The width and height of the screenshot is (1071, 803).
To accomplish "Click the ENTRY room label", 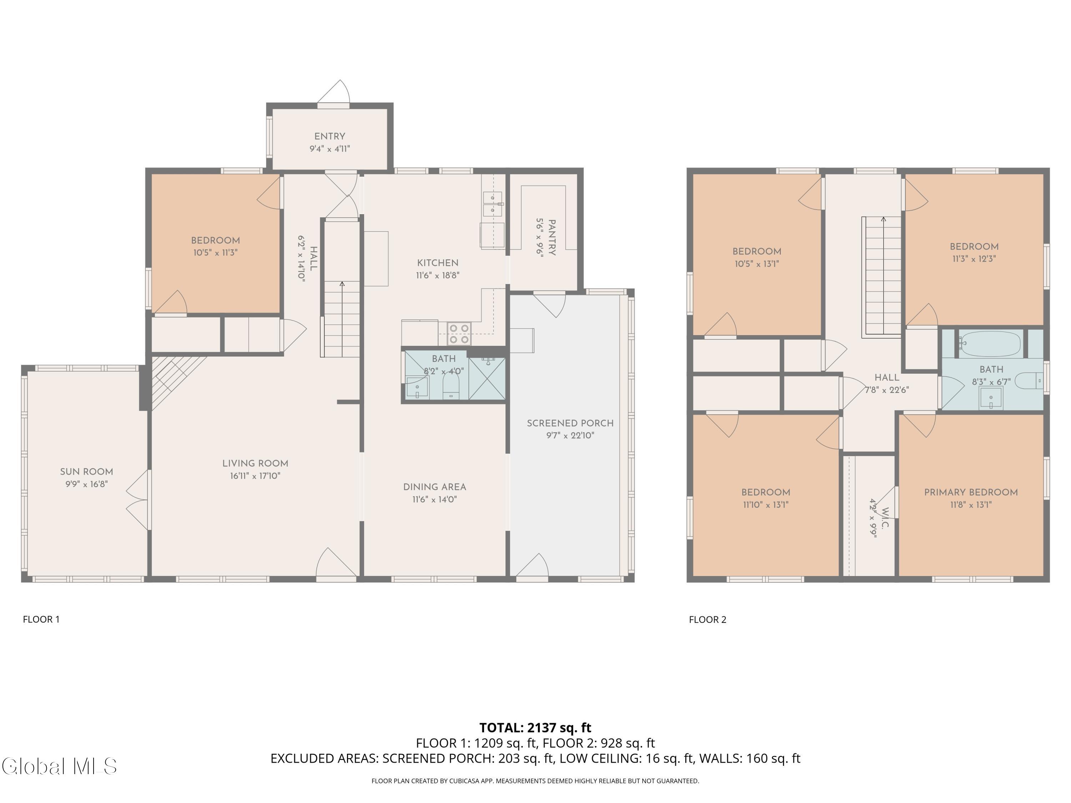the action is tap(330, 136).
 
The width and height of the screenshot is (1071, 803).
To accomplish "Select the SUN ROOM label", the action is tap(87, 471).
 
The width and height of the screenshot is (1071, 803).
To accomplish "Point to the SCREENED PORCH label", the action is tap(570, 423).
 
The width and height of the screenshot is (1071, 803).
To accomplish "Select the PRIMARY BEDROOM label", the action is tap(971, 492).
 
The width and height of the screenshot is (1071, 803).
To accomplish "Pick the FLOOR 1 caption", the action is tap(41, 619).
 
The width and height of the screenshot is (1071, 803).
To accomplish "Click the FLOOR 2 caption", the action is tap(707, 619).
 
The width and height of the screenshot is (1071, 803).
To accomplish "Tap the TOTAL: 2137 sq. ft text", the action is tap(535, 727).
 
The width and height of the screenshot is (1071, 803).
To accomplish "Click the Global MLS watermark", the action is tap(59, 766).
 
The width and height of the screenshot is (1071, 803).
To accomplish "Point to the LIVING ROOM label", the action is tap(255, 463).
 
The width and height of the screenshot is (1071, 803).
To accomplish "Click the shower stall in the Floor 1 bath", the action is tap(487, 379).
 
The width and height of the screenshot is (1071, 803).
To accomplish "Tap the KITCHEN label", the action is tap(438, 263).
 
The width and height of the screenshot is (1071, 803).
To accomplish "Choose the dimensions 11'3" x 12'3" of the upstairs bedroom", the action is tap(974, 258).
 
